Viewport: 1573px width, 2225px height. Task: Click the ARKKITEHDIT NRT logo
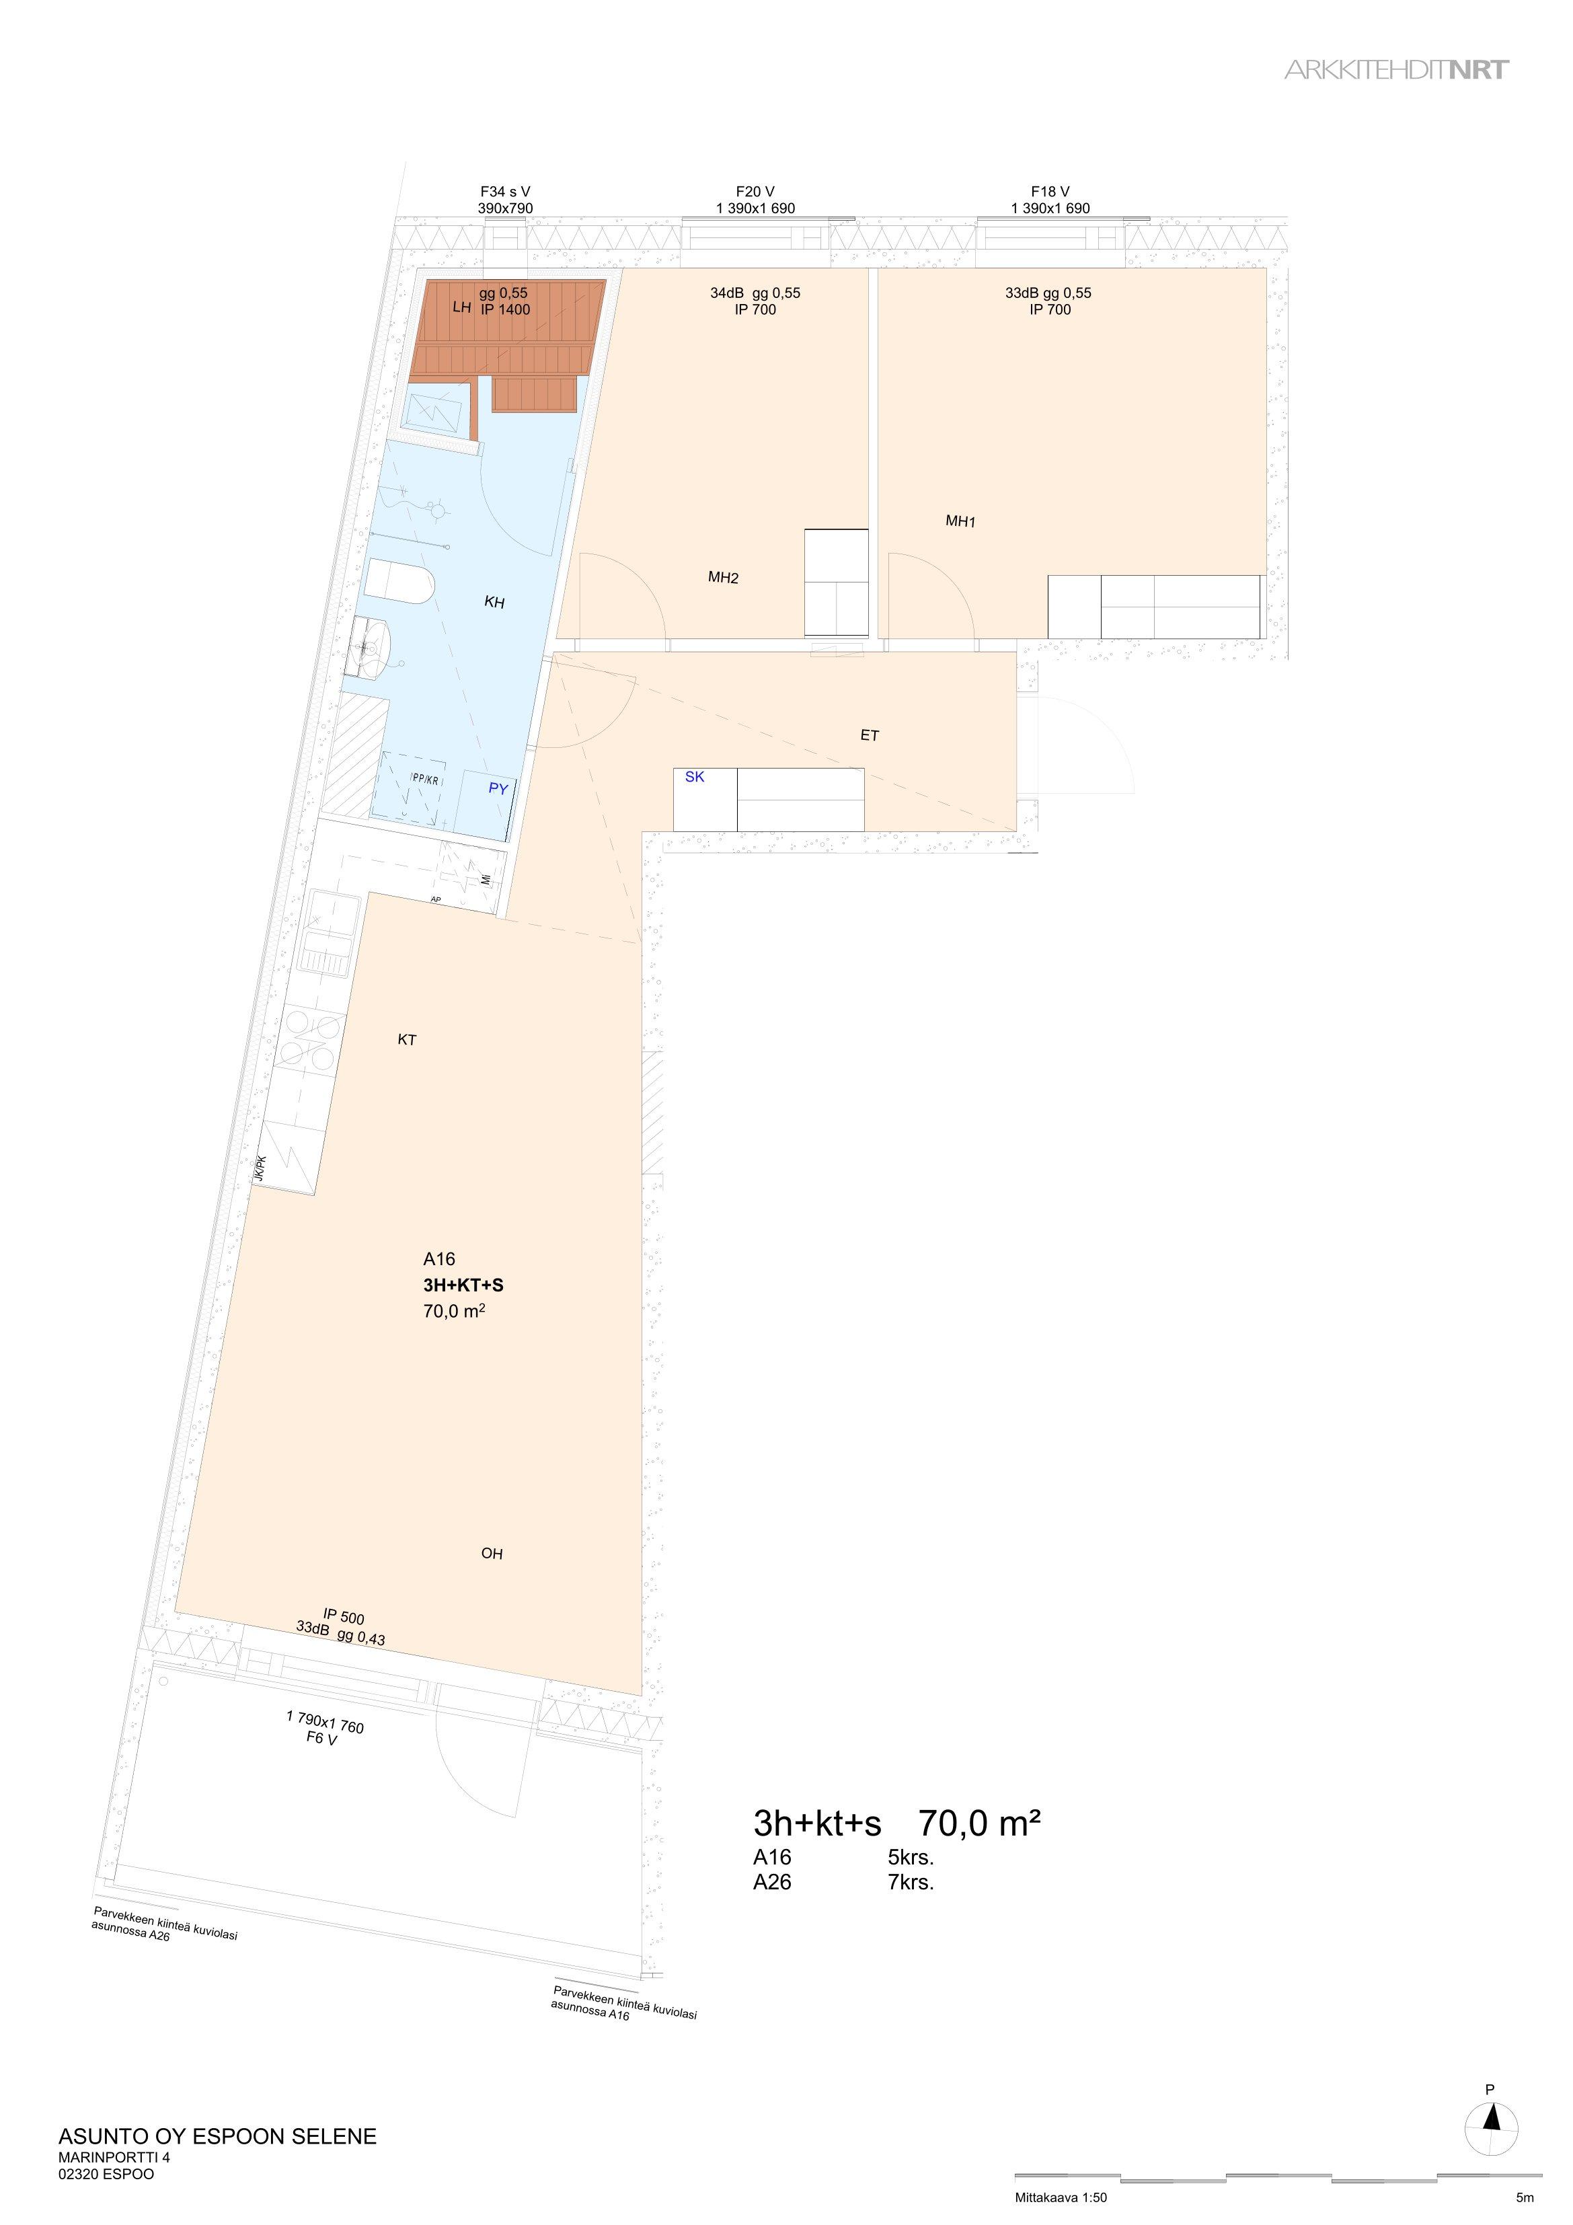[x=1397, y=70]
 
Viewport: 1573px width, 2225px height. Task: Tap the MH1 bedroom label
[x=960, y=521]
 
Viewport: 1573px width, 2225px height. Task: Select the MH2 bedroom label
[x=723, y=578]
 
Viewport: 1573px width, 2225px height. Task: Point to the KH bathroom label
[x=494, y=603]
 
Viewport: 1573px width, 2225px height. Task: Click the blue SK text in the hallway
[x=695, y=777]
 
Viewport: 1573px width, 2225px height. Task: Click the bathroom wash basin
[x=369, y=646]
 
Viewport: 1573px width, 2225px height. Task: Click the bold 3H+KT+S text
[x=463, y=1285]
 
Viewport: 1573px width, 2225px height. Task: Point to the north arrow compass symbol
[x=1492, y=2119]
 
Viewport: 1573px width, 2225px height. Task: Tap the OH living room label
[x=492, y=1554]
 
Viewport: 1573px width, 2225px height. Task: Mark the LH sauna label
[x=461, y=307]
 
